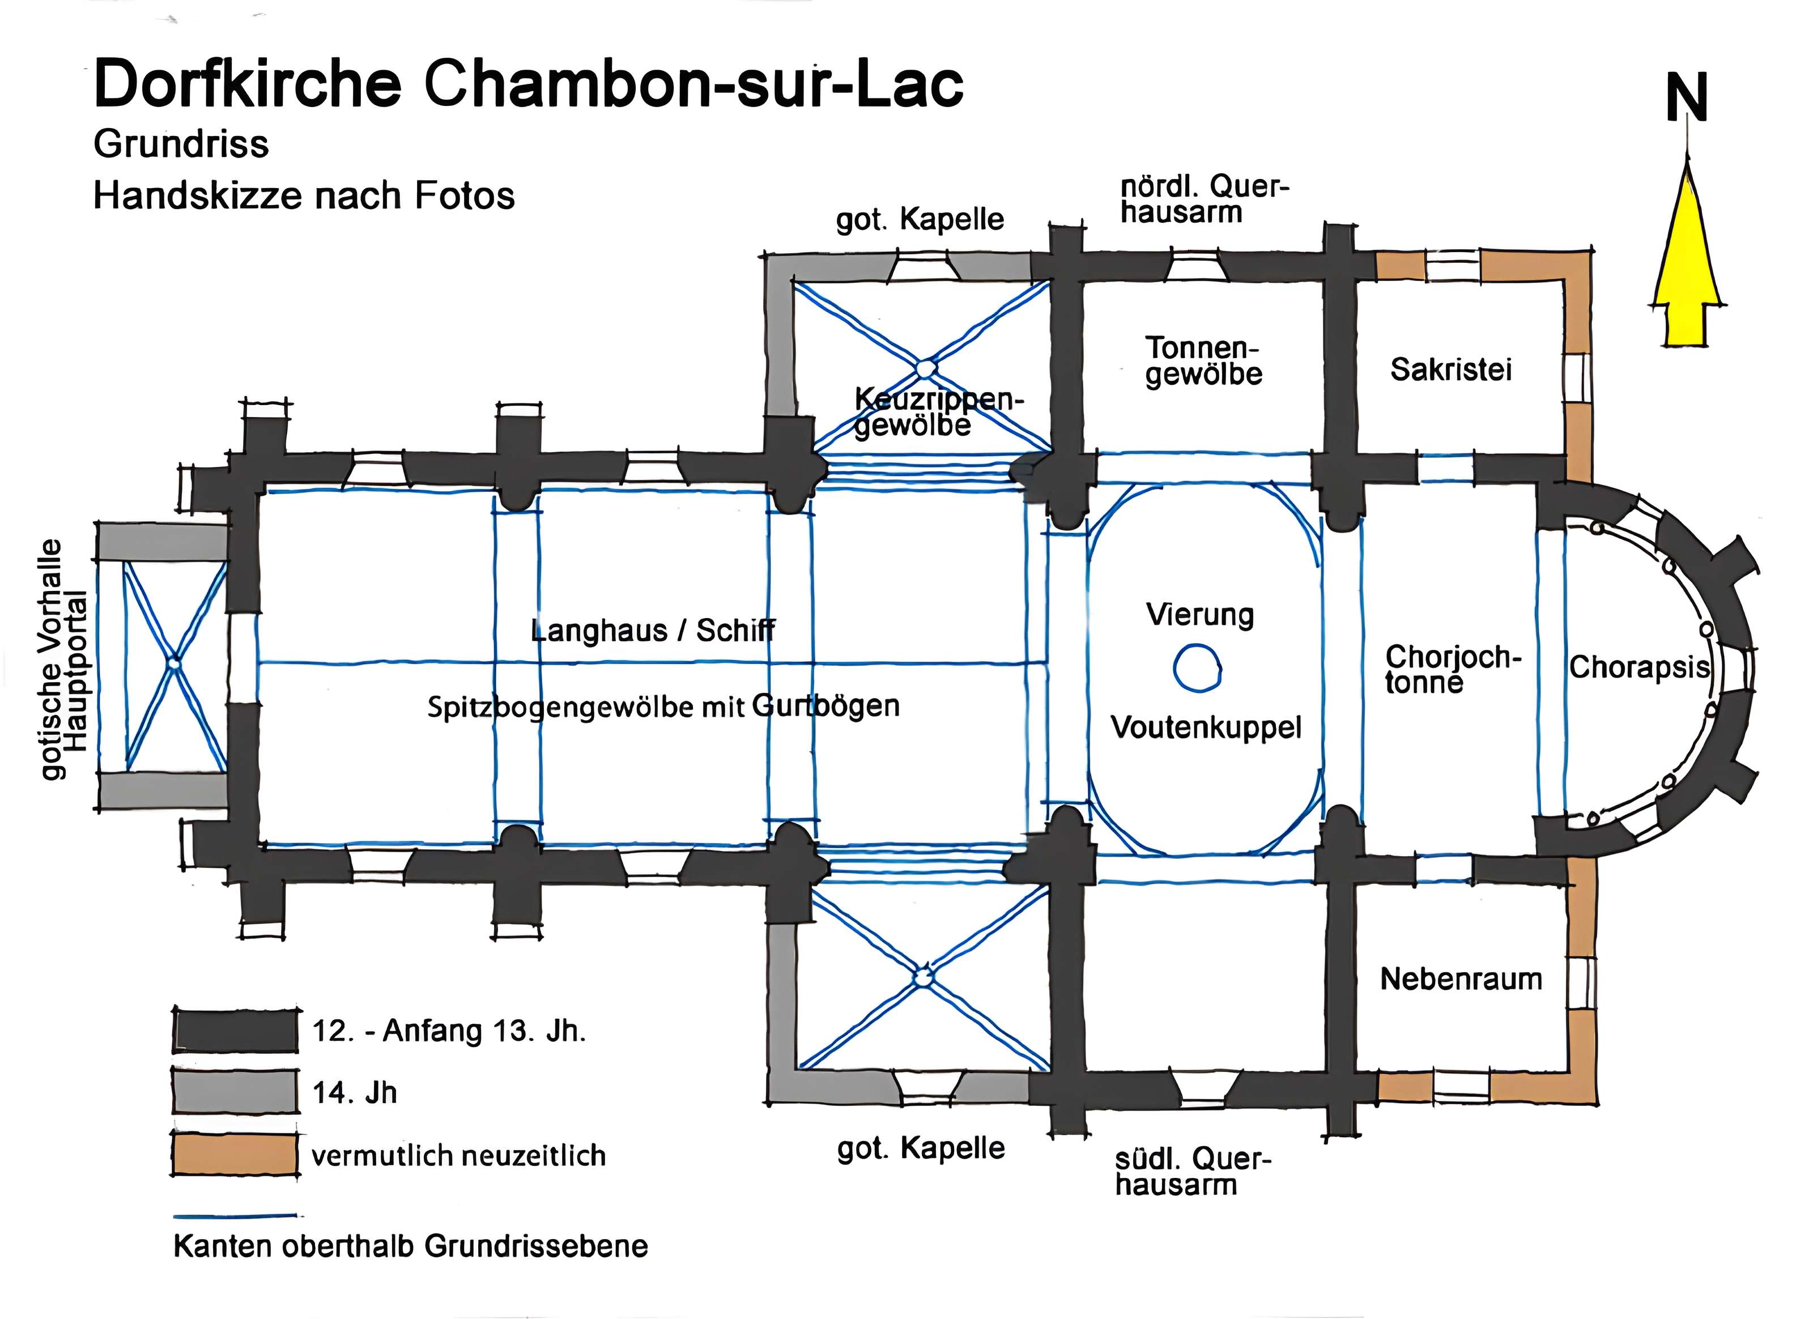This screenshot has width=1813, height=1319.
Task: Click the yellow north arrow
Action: click(1687, 264)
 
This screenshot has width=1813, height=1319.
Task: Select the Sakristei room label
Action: click(1451, 369)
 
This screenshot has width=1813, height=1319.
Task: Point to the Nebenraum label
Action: click(1461, 979)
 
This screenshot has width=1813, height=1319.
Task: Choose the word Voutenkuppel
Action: click(1206, 727)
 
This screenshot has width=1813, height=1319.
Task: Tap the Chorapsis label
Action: click(1638, 667)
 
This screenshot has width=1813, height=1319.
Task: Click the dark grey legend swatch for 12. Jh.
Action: click(235, 1031)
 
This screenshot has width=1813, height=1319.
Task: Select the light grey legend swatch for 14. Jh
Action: click(235, 1092)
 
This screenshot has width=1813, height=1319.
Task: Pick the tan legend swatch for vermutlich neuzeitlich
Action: click(235, 1155)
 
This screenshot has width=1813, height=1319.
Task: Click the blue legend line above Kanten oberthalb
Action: click(237, 1216)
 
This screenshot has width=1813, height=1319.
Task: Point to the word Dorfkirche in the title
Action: click(248, 84)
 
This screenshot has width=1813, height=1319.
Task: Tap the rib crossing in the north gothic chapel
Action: click(924, 368)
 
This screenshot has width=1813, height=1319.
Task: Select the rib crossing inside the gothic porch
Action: click(175, 663)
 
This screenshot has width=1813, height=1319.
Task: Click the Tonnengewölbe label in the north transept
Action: click(1203, 361)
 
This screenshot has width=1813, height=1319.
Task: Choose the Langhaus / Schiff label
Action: click(652, 631)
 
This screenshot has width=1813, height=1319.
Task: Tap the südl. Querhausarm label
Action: click(1191, 1171)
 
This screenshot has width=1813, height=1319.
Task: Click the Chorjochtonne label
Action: click(1451, 669)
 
